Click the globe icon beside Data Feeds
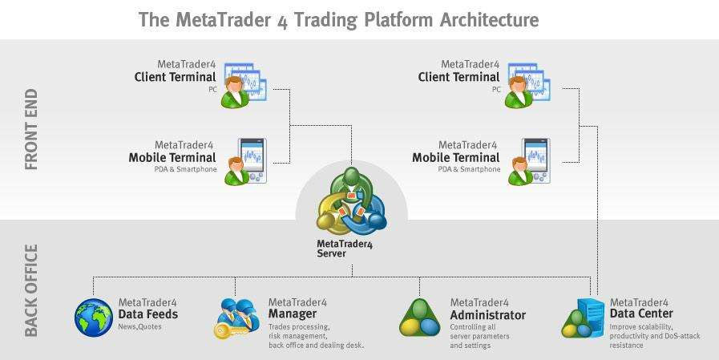point(94,318)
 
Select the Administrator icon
point(420,318)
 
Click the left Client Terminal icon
point(244,85)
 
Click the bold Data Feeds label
point(148,314)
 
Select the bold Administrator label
point(487,315)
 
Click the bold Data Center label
point(641,313)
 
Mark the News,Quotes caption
point(139,326)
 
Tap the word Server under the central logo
point(331,253)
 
